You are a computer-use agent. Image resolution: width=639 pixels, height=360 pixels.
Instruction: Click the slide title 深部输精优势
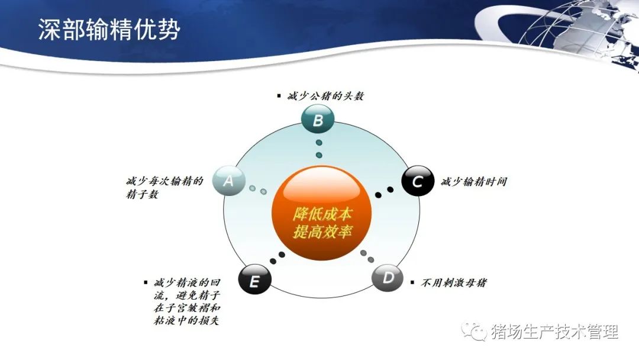(109, 29)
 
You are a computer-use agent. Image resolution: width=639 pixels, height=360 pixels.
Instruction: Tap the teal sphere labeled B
(318, 119)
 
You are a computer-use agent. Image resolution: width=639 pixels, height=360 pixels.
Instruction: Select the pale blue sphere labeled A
(228, 180)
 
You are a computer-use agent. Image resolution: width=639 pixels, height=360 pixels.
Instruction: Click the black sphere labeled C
(418, 181)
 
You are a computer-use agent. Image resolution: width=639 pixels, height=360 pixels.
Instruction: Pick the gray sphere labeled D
(388, 278)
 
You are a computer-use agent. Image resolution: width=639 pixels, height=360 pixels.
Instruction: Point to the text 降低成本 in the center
(322, 214)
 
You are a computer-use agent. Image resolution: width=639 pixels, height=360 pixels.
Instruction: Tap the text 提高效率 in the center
(322, 232)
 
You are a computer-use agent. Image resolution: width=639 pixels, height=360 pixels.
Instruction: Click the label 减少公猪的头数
(325, 97)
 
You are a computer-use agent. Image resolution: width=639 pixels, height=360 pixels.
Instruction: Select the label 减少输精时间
(474, 181)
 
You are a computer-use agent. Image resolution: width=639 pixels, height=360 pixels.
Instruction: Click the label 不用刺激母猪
(454, 282)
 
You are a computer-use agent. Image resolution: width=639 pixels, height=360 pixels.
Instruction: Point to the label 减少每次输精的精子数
(164, 188)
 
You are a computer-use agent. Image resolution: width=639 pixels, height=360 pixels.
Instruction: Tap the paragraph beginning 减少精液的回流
(187, 301)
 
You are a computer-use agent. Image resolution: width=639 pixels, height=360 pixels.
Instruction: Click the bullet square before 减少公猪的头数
(279, 97)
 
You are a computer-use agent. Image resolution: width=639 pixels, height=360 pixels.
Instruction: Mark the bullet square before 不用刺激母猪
(412, 282)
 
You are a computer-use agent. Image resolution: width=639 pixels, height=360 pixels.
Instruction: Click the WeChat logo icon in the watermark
(474, 332)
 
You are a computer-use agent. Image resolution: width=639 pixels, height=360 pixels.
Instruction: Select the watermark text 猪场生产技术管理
(555, 332)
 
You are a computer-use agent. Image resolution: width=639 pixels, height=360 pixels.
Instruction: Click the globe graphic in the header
(579, 31)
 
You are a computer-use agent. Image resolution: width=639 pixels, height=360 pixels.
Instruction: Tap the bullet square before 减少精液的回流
(146, 282)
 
